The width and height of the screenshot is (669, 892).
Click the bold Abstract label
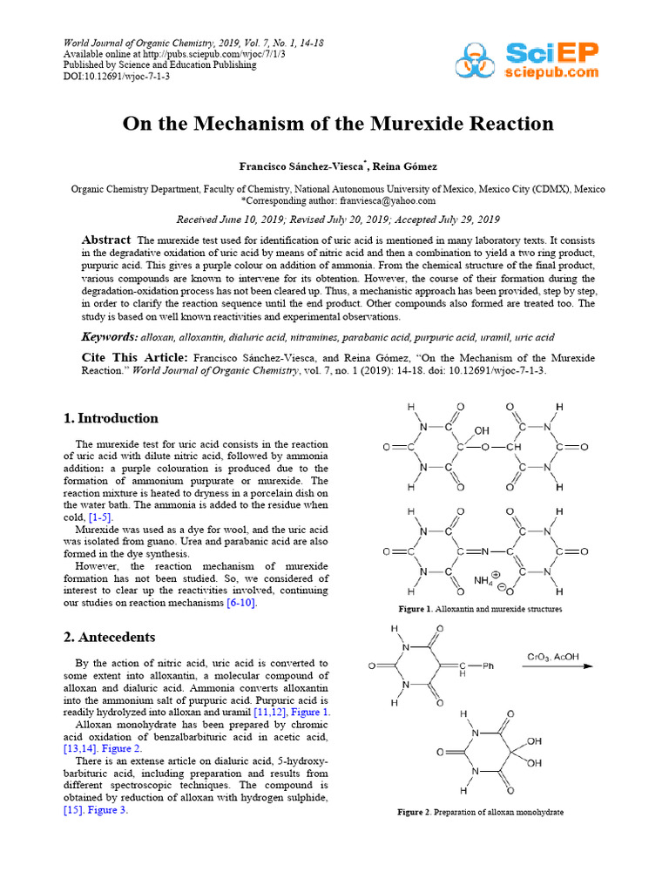point(105,240)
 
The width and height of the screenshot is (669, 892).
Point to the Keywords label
point(109,337)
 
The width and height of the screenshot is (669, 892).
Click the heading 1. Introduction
point(111,418)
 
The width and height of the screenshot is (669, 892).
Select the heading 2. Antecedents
point(109,637)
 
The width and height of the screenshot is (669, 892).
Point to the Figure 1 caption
point(480,609)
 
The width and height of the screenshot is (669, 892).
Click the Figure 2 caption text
point(480,812)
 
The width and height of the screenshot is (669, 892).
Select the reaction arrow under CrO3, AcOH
point(558,668)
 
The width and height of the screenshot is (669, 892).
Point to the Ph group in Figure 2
point(488,666)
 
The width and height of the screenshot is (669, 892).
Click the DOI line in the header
point(117,77)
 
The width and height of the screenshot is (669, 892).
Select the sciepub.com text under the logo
point(552,72)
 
